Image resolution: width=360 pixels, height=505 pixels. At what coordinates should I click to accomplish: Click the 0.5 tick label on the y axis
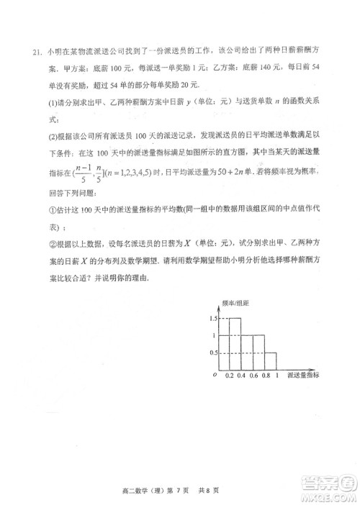(212, 352)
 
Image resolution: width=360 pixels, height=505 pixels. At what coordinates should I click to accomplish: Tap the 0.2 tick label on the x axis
(229, 376)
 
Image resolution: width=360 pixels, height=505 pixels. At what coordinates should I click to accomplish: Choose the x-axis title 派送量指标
(303, 376)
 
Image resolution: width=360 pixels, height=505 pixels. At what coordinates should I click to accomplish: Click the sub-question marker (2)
(53, 135)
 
